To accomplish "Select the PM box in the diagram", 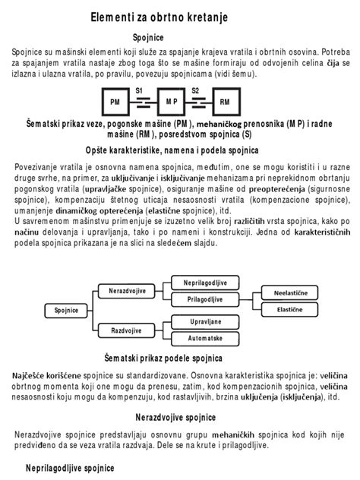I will coord(115,101).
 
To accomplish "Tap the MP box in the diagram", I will coord(171,101).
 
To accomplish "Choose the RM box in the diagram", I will coord(225,101).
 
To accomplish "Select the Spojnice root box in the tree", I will coord(66,310).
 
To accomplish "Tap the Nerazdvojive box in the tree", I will coord(127,291).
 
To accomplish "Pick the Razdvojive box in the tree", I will coord(127,331).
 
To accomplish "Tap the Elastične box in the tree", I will coord(289,310).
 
